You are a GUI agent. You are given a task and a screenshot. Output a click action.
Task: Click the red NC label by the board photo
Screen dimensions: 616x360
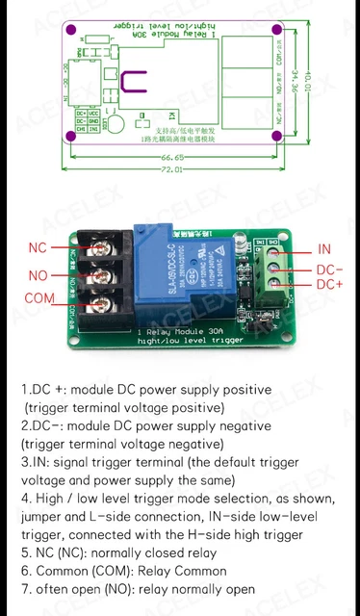38,247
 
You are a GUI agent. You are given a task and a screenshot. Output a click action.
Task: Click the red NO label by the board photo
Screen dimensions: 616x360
38,275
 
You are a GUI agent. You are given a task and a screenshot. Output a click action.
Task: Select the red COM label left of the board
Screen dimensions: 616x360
39,299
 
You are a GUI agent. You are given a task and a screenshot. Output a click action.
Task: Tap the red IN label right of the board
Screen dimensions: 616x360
324,249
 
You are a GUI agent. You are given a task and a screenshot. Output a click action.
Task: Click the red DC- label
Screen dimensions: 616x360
329,270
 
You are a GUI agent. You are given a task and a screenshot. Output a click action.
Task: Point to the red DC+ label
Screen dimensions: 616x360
329,285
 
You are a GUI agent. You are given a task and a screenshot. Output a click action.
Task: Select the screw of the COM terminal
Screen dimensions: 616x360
101,306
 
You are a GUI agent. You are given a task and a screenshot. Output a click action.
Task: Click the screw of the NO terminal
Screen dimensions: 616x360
101,278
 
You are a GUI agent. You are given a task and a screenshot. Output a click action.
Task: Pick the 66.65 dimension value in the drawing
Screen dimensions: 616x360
173,158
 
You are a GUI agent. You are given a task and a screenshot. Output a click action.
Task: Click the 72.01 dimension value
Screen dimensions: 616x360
173,169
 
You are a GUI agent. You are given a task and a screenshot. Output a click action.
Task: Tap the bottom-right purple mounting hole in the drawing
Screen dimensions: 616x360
277,137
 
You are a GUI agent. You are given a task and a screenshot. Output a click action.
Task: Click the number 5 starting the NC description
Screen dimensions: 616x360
25,553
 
